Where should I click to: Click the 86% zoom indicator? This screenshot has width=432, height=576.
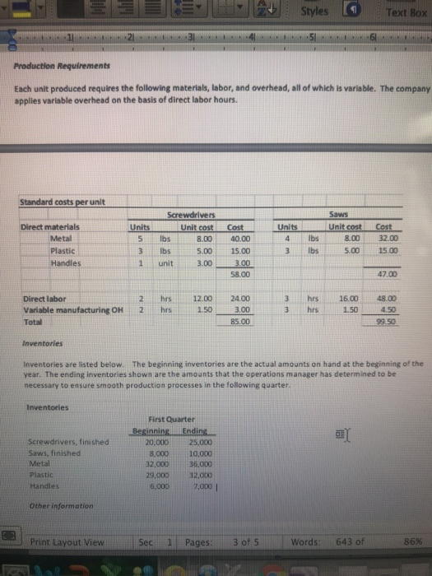(414, 541)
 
